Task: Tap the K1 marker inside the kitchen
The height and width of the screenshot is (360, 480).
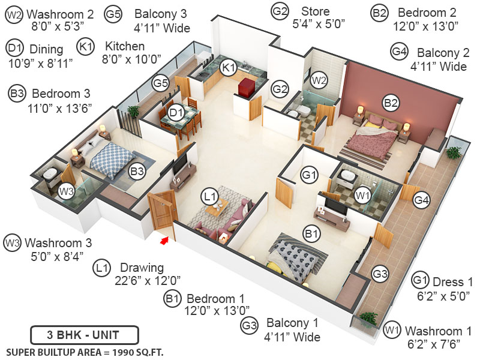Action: point(228,67)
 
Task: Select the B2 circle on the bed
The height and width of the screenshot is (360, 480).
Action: point(391,103)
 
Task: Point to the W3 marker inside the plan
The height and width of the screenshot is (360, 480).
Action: point(67,192)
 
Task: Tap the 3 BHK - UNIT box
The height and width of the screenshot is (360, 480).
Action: point(85,334)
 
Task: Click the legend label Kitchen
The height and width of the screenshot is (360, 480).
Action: point(125,46)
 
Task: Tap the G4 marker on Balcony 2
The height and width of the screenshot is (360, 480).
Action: point(422,200)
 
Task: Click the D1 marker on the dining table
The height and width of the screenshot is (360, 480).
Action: point(176,112)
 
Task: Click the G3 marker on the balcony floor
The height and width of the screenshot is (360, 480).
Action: point(380,274)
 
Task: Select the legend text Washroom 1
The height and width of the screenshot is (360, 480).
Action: point(433,331)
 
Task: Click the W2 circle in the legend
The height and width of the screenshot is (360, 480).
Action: point(14,14)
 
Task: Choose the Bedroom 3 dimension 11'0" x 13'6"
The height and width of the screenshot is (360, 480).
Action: point(53,109)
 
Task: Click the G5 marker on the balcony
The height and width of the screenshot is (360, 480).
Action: point(160,82)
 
